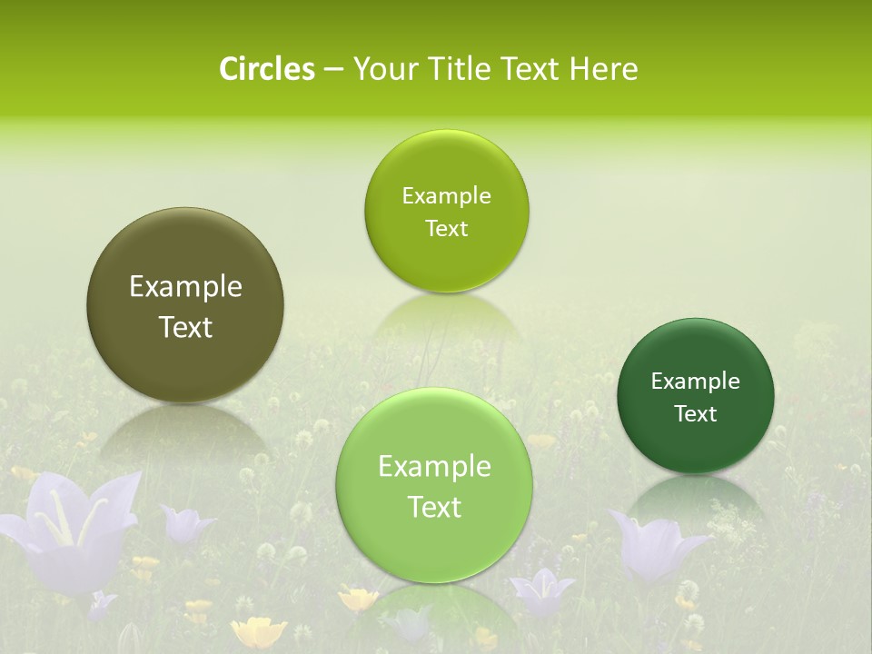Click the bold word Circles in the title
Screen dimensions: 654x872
point(266,69)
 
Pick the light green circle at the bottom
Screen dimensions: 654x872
point(434,545)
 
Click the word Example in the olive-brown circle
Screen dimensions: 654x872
point(185,287)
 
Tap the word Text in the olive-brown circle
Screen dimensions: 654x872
point(185,327)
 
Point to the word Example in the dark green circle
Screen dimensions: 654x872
point(695,381)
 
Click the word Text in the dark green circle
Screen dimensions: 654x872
point(695,414)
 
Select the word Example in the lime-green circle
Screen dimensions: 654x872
point(446,196)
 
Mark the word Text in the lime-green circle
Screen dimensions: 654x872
point(446,229)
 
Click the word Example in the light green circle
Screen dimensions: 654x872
point(434,467)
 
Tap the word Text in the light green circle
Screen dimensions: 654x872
point(434,507)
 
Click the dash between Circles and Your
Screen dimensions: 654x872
point(332,70)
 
